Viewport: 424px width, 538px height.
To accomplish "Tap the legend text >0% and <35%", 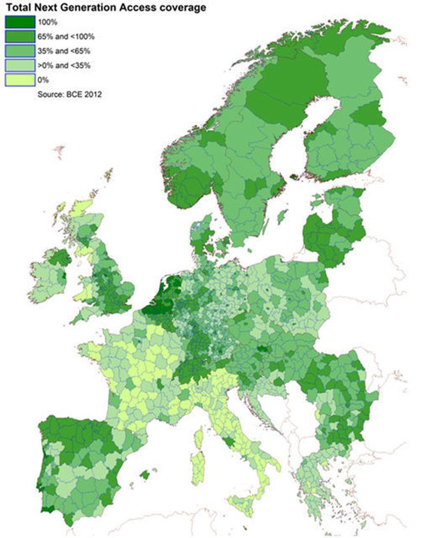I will [66, 65].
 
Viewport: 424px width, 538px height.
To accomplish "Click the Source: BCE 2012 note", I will [66, 93].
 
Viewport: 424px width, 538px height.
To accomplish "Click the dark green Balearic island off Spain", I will [149, 474].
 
